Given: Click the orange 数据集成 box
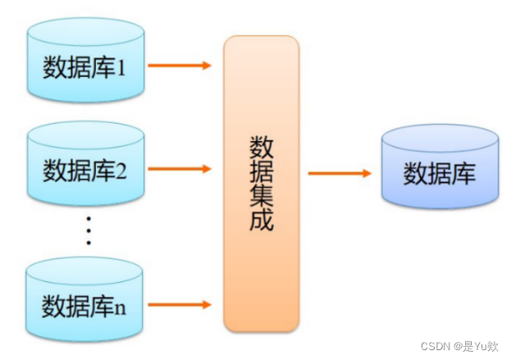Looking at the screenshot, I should (261, 183).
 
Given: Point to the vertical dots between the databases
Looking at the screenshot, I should (89, 232).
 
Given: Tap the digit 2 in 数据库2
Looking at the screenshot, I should (121, 172).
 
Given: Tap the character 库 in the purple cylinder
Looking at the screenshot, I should (463, 174).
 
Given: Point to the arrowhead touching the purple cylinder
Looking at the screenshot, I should (366, 173).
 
